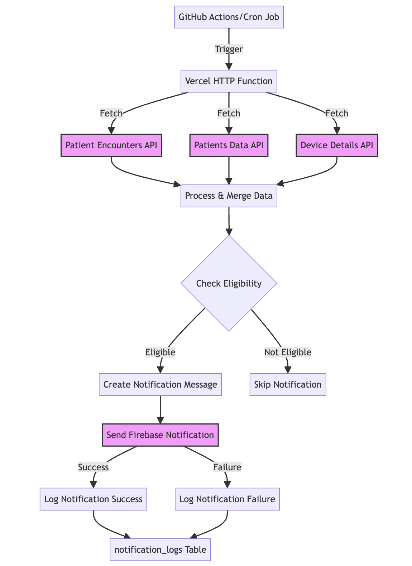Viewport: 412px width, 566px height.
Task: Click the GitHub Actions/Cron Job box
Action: click(229, 17)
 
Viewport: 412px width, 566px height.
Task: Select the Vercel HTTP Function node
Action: click(229, 81)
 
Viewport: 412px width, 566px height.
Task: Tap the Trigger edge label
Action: click(229, 49)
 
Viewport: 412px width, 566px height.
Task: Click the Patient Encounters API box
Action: click(111, 145)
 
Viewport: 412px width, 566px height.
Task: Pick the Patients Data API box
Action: click(229, 145)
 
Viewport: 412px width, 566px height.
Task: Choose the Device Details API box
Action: click(337, 145)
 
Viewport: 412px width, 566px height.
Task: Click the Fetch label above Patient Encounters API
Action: click(111, 114)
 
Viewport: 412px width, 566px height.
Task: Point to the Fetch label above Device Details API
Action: click(337, 114)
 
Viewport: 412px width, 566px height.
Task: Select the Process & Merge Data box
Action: click(229, 196)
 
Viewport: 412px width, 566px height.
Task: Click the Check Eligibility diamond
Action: click(229, 283)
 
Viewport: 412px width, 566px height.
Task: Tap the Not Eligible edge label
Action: click(288, 352)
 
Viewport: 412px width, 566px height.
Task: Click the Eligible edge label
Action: click(160, 352)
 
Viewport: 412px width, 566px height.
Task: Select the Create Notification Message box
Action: click(160, 384)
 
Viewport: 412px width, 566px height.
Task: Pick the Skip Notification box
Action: click(288, 384)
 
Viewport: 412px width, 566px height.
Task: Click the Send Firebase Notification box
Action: click(160, 435)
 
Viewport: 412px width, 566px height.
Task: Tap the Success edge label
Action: click(93, 467)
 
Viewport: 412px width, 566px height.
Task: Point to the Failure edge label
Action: click(227, 467)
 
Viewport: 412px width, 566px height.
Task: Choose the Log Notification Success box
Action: click(93, 499)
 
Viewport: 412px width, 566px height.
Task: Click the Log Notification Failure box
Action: click(227, 499)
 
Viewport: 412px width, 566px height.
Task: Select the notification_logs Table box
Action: click(160, 550)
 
